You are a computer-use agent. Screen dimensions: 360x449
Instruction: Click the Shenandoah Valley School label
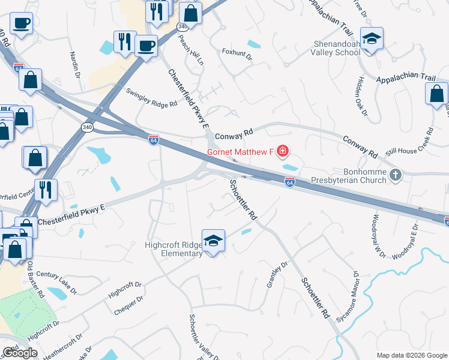(x=337, y=48)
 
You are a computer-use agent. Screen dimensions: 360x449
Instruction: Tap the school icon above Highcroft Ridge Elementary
(x=213, y=241)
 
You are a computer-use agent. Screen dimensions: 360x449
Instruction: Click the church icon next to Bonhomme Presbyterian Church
(x=395, y=175)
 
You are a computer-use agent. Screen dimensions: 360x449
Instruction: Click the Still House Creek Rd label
(x=410, y=143)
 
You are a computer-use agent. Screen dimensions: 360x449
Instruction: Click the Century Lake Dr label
(x=56, y=279)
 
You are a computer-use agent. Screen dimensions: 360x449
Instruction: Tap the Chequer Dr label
(x=128, y=305)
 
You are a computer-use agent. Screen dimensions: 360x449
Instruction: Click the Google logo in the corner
(x=20, y=353)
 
